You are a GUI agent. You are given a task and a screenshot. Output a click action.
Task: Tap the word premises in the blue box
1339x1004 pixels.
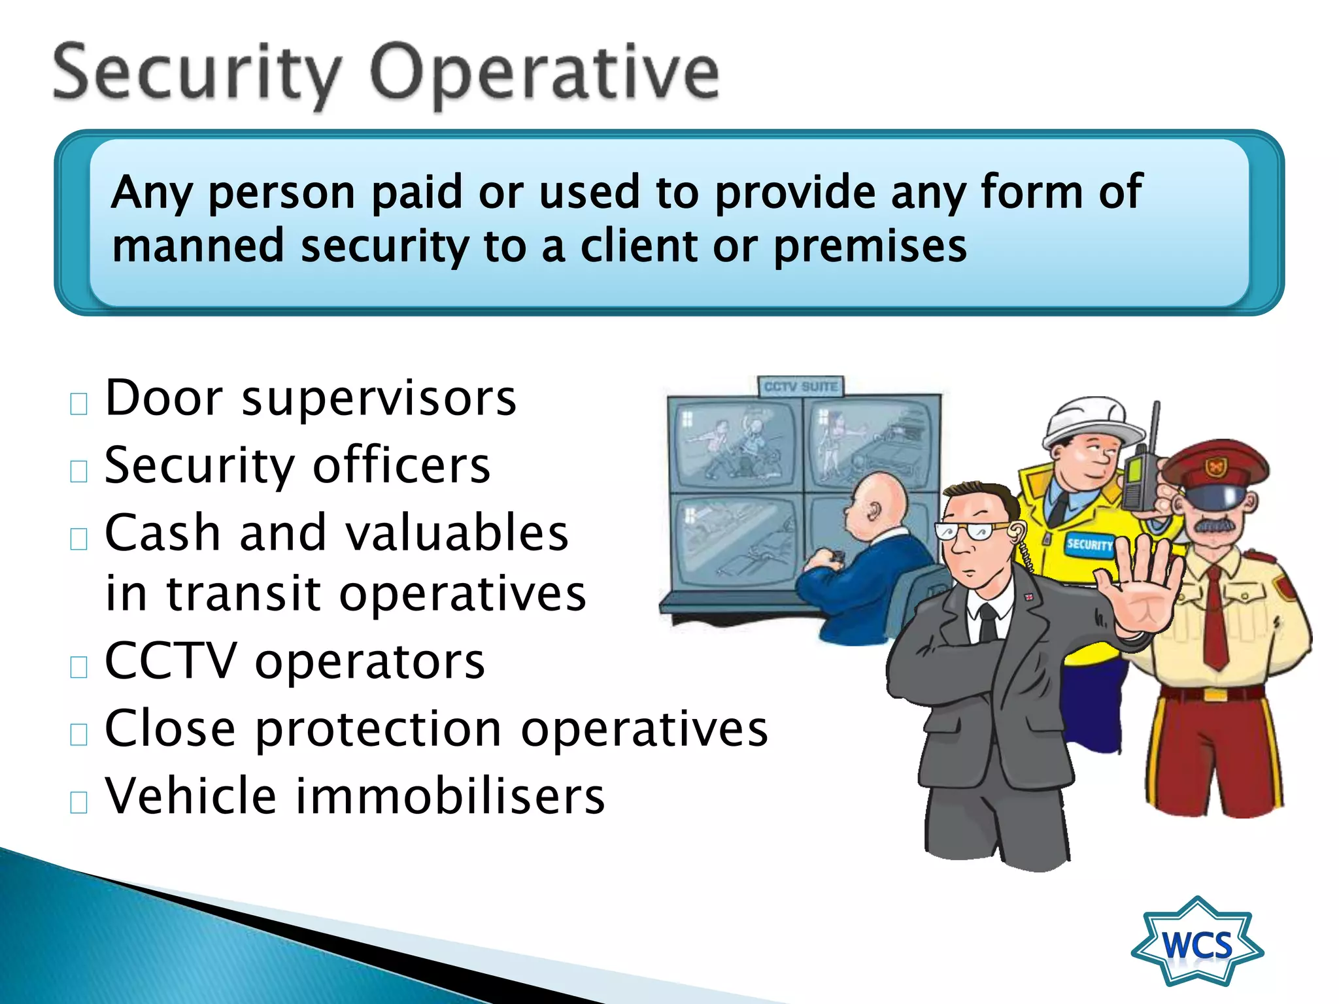coord(870,247)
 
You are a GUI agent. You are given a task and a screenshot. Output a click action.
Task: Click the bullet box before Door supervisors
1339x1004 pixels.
coord(78,405)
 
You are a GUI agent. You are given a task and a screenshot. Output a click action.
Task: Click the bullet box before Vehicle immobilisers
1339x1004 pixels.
coord(78,802)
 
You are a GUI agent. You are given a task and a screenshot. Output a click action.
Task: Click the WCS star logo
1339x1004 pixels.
coord(1197,944)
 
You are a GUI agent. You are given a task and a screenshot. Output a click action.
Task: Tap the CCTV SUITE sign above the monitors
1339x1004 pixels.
coord(801,387)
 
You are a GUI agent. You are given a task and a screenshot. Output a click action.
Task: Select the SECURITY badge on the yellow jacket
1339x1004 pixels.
coord(1089,544)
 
